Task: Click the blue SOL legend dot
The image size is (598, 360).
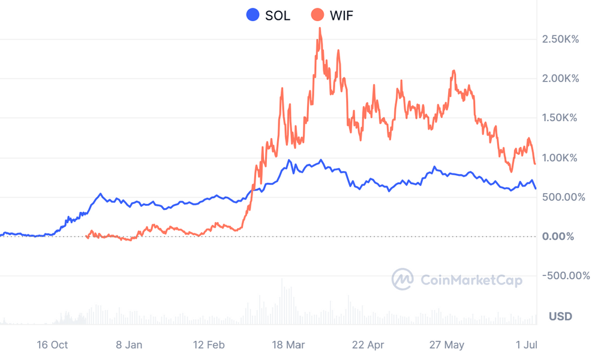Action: point(253,15)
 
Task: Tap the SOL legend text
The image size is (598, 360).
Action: point(277,16)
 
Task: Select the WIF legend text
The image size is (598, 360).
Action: point(341,16)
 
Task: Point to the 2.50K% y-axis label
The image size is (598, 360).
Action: point(560,40)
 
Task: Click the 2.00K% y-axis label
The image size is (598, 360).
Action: point(560,79)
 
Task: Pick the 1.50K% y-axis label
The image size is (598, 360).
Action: point(560,118)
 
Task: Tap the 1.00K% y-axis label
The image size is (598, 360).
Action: point(560,158)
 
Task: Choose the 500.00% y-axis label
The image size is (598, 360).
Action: point(563,197)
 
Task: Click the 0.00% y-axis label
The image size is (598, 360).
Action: point(558,236)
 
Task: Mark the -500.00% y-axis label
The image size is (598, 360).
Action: point(566,276)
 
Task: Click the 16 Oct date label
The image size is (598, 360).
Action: point(52,345)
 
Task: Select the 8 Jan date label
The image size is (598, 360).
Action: point(129,345)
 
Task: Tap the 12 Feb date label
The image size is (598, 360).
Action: point(209,345)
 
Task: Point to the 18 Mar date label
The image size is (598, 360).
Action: point(289,345)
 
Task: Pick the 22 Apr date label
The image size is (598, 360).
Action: point(368,345)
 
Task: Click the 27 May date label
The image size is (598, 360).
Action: point(447,345)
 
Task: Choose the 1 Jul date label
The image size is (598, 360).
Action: point(526,345)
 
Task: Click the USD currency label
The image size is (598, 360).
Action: point(560,316)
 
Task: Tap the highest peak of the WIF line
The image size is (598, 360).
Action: point(320,28)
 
